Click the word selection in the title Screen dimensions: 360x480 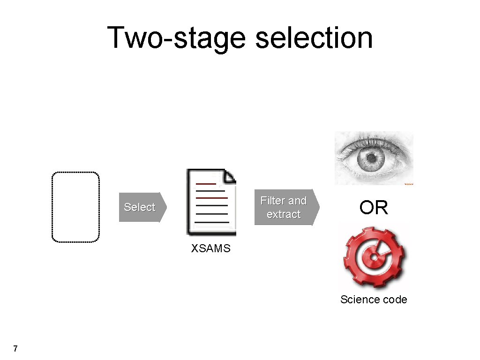314,37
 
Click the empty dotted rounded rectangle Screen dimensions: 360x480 75,207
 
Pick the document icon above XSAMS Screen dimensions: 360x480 211,202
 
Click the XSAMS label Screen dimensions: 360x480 210,249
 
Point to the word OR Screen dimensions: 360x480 374,208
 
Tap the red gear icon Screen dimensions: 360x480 375,257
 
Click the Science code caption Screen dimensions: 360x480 374,300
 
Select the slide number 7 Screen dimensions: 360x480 15,348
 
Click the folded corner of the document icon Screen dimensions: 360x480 230,176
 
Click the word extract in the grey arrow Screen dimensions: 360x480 284,214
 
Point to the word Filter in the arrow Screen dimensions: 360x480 273,201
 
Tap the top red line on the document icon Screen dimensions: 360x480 206,184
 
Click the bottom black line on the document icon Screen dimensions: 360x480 211,222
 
